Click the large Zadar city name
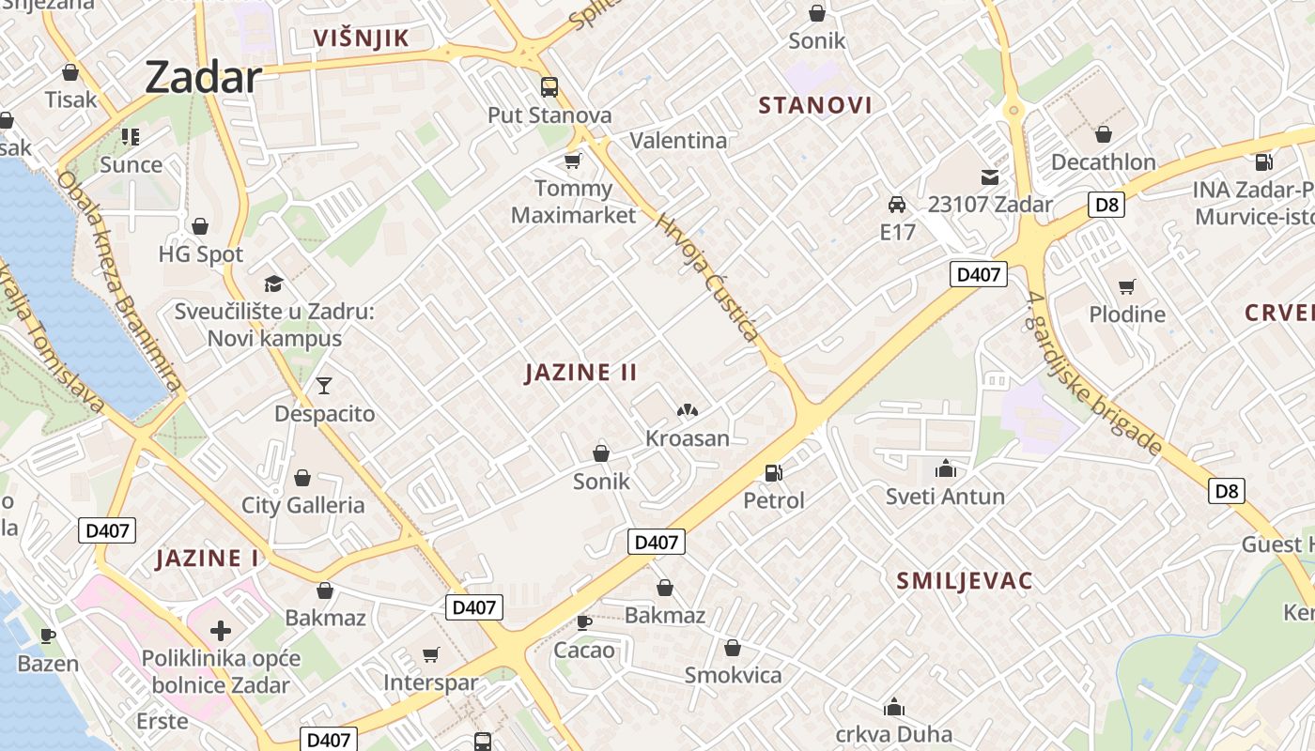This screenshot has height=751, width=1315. (203, 77)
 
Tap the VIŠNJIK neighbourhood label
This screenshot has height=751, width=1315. (362, 38)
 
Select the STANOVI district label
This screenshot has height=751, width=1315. (815, 105)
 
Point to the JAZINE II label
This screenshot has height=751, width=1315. (581, 373)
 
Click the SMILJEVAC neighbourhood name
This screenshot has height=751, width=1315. (965, 580)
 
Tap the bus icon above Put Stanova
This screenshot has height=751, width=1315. (549, 87)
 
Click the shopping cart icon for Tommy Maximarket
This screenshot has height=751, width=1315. (572, 161)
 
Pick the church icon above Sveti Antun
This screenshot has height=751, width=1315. (945, 468)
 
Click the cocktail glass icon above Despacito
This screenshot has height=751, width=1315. (324, 385)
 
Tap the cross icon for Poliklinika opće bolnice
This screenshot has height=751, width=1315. (220, 631)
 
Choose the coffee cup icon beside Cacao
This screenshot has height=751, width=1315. (584, 621)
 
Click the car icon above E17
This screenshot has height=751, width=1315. (897, 204)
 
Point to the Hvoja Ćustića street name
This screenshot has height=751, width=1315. (707, 278)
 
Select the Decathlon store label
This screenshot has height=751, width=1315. (1103, 161)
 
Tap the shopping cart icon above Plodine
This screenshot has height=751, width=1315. (1126, 286)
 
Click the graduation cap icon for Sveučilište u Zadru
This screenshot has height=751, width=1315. (273, 283)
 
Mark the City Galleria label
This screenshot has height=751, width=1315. (303, 505)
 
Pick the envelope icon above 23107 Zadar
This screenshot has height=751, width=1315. (990, 176)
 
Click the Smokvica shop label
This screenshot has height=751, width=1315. (733, 675)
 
